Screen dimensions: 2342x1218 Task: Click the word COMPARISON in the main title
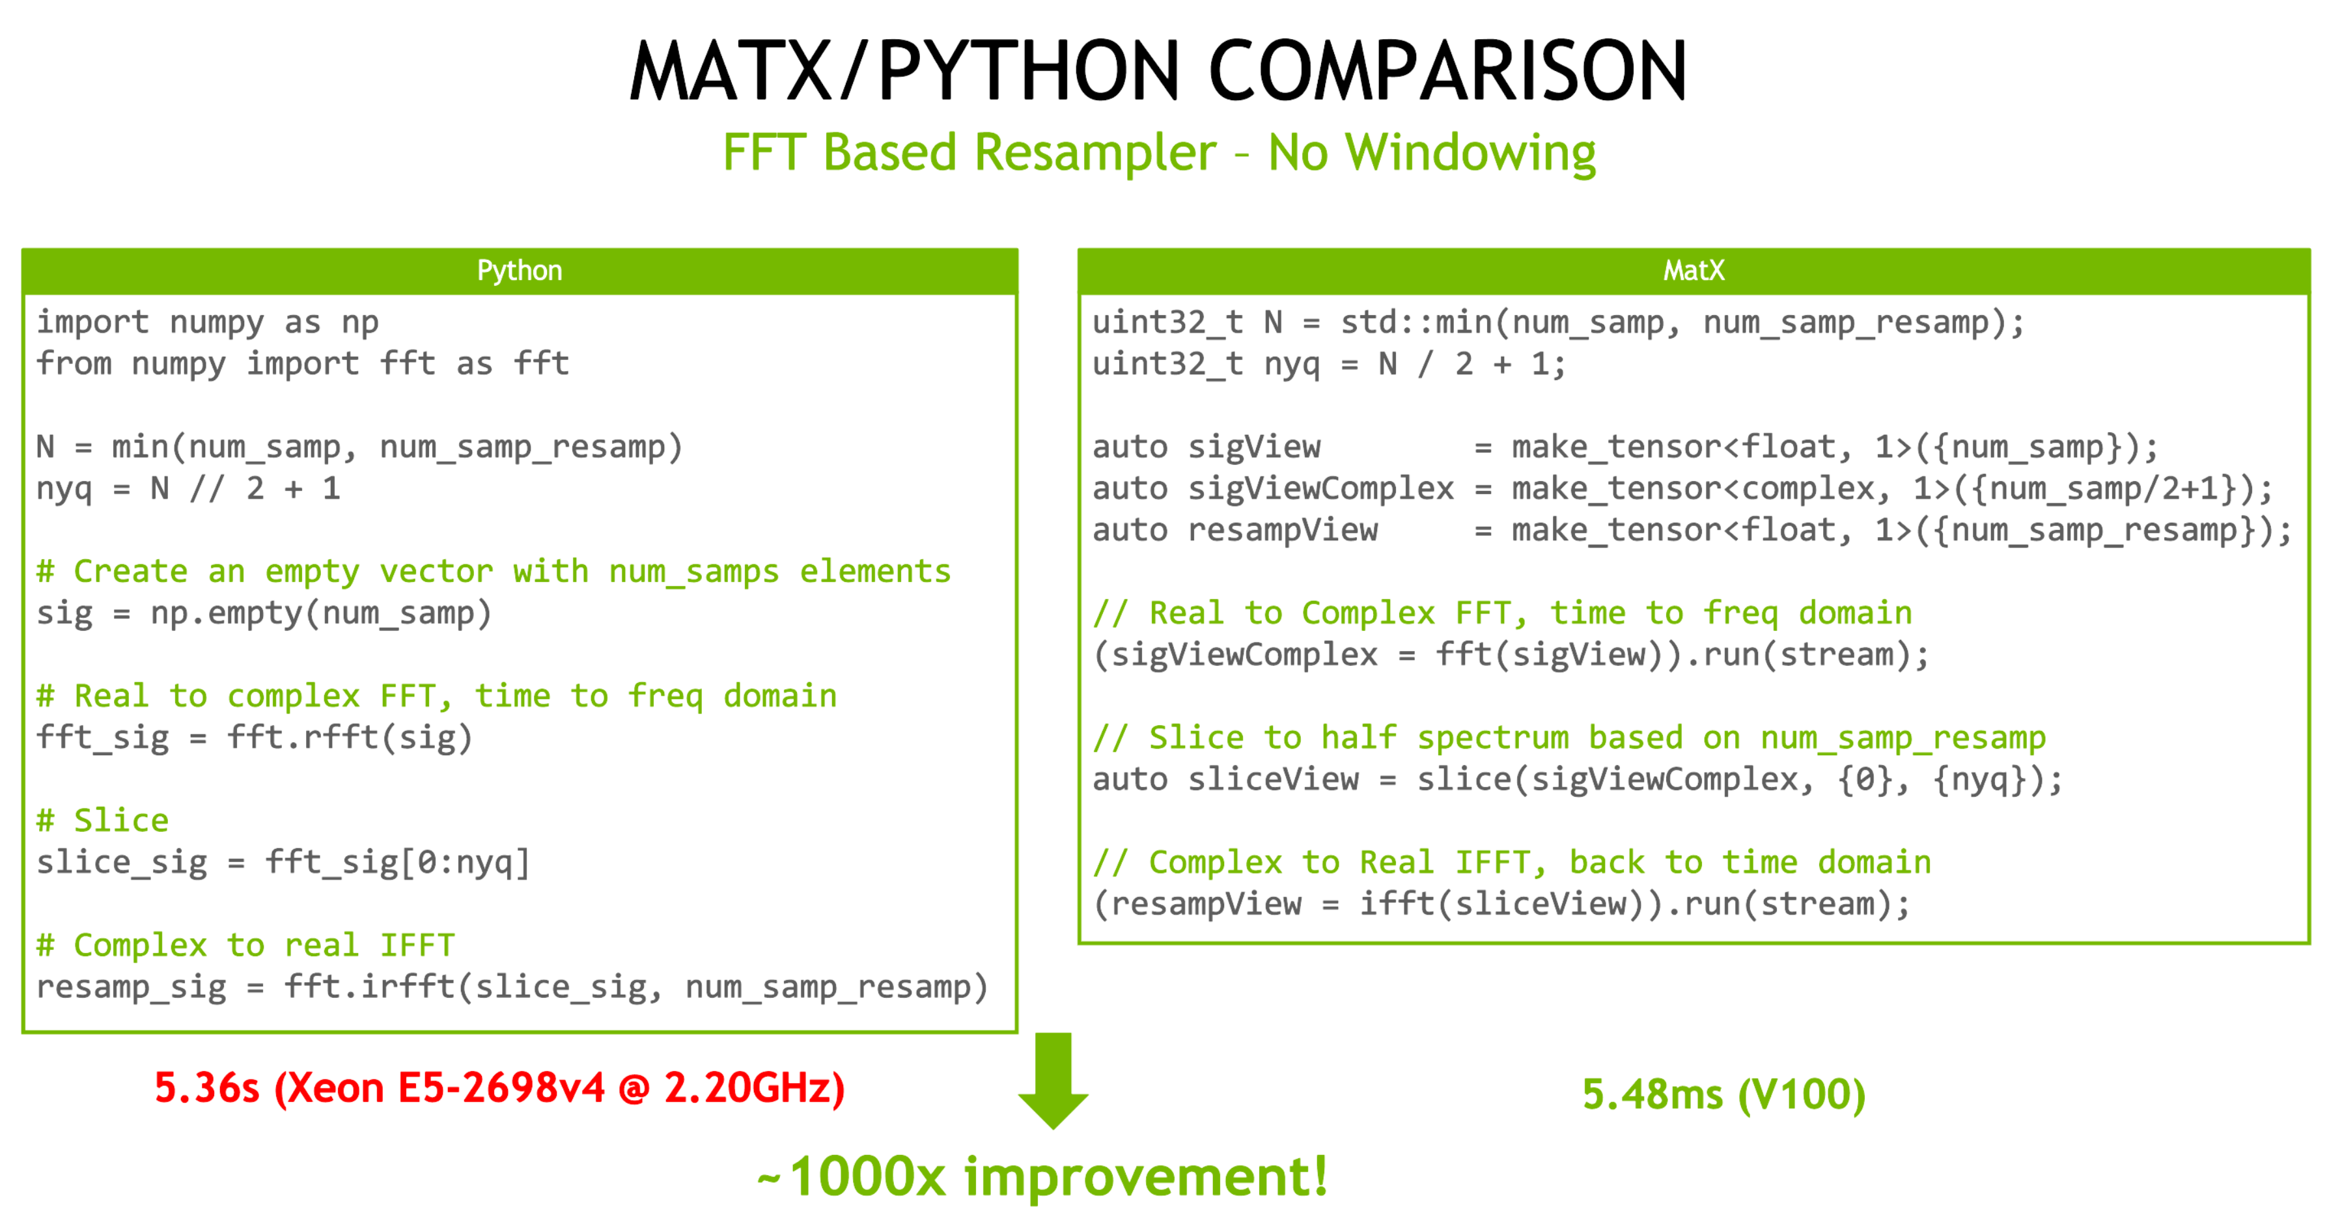(1447, 70)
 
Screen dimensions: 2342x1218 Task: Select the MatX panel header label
(1693, 270)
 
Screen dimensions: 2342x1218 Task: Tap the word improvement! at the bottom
(1145, 1176)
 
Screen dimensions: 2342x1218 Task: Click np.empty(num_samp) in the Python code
(321, 613)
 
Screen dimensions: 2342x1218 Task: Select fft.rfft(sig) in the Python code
(350, 737)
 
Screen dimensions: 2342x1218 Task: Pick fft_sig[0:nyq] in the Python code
(397, 863)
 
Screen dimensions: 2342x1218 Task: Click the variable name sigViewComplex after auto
(1321, 489)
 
